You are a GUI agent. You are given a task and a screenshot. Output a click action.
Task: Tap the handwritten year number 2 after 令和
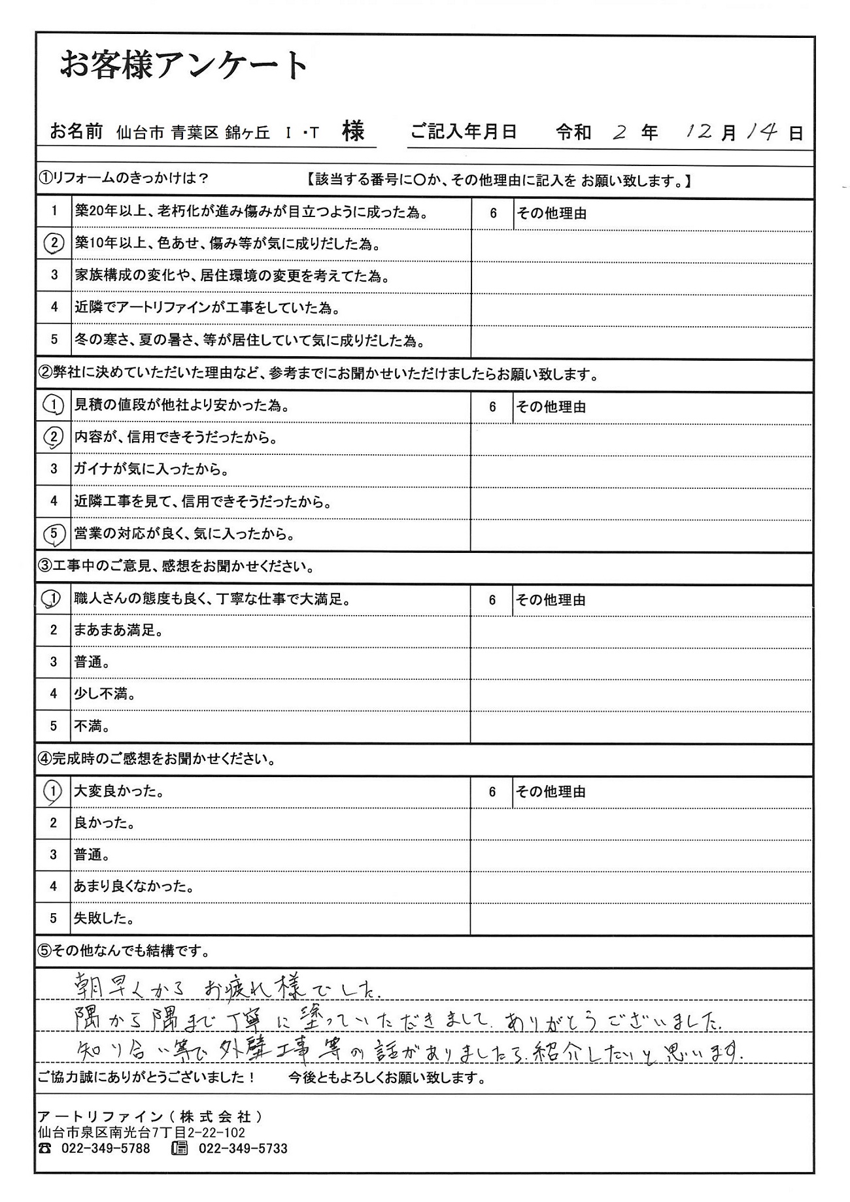coord(620,133)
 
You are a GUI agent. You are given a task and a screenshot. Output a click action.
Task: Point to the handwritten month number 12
coord(700,131)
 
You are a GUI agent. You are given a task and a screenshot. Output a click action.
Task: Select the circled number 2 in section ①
coord(54,244)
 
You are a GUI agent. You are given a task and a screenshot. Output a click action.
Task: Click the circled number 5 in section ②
coord(54,535)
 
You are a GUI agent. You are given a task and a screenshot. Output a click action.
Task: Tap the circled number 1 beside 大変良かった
coord(53,792)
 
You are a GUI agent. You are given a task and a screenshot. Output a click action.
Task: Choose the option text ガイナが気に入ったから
coord(150,469)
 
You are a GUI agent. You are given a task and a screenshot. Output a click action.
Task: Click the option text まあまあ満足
coord(118,631)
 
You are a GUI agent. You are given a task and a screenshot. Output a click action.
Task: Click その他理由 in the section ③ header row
coord(551,600)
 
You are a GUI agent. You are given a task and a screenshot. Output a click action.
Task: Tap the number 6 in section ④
coord(492,792)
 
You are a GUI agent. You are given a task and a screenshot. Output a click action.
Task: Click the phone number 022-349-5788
coord(105,1148)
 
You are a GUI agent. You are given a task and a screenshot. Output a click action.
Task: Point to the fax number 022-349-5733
coord(243,1148)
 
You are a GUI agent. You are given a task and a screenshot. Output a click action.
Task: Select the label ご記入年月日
coord(464,132)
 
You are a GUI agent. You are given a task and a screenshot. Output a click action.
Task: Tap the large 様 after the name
coord(353,131)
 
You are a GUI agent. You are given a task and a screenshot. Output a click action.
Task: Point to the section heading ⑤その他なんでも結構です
coord(125,951)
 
